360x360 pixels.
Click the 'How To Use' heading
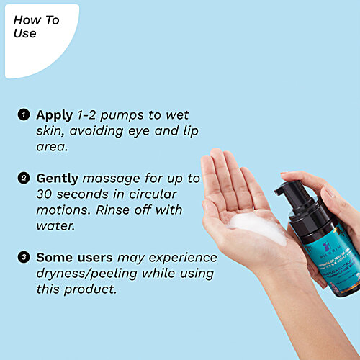point(36,27)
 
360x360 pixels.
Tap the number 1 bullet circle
point(23,114)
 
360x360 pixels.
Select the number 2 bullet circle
point(23,178)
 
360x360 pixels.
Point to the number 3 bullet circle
point(23,257)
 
